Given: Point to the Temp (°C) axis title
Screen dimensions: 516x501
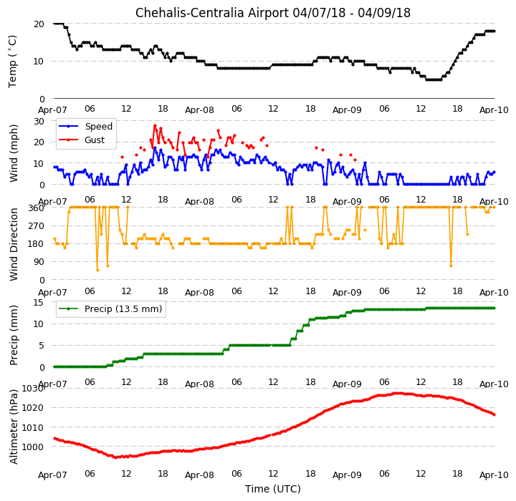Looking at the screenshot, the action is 12,62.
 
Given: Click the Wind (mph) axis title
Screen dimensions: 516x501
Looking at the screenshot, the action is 13,153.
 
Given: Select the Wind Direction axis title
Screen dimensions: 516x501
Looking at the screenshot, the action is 13,245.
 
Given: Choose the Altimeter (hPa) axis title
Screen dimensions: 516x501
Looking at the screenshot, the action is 13,427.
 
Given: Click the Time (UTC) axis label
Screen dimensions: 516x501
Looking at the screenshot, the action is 273,489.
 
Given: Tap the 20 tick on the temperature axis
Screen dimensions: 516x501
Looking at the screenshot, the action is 39,24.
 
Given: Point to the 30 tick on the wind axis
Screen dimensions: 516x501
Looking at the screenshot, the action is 39,121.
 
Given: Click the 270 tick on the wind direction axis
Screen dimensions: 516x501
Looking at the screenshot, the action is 37,226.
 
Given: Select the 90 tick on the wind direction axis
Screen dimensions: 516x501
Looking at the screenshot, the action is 39,262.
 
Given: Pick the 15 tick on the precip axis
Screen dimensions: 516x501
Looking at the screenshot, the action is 39,303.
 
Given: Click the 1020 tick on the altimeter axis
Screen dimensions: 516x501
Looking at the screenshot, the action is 33,408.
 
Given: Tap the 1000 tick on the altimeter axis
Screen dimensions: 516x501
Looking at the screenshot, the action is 33,447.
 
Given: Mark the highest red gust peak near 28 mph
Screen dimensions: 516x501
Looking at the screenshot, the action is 155,125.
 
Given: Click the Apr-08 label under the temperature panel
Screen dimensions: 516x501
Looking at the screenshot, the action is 199,110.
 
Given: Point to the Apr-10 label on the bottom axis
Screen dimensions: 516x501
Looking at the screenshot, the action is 494,475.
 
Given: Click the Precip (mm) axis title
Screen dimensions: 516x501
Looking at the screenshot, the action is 13,336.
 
